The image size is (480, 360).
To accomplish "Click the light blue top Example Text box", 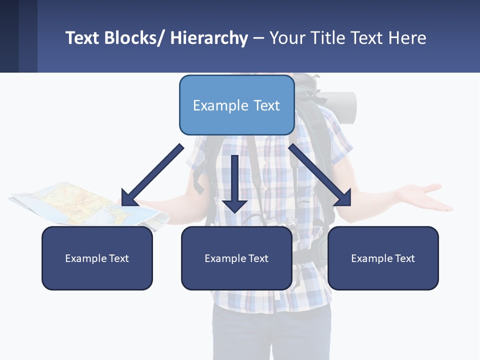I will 236,105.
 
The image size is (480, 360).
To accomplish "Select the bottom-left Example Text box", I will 97,258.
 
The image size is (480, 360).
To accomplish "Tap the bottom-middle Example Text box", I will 236,258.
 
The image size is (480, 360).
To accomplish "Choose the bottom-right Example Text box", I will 383,258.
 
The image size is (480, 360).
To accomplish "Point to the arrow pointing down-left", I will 152,175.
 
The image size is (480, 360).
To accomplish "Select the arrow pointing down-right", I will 320,175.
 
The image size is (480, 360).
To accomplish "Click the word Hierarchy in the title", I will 209,38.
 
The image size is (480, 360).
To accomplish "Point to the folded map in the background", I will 75,202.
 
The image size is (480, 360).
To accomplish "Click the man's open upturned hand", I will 425,196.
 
